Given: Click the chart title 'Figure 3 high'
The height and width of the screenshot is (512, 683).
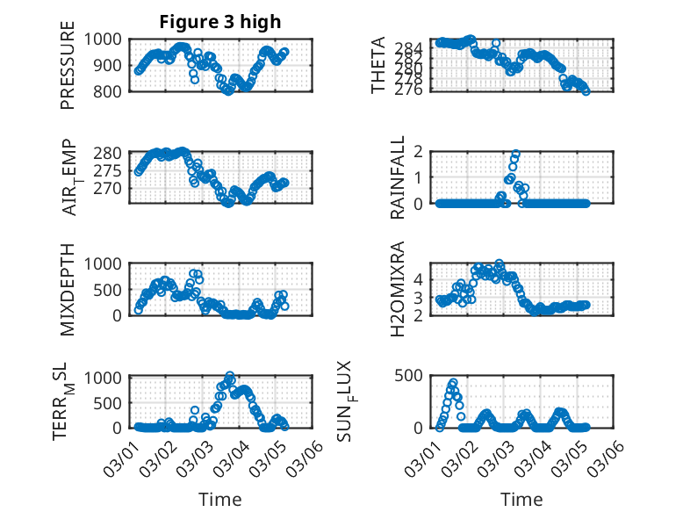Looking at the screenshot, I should pyautogui.click(x=220, y=22).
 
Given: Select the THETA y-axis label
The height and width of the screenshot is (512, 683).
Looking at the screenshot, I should pyautogui.click(x=378, y=65).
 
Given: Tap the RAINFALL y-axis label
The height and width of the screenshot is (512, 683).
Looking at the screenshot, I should pyautogui.click(x=398, y=177).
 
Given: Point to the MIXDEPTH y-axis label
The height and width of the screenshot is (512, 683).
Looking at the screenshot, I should pyautogui.click(x=68, y=289).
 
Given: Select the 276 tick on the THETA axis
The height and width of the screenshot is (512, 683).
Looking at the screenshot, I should pyautogui.click(x=414, y=90).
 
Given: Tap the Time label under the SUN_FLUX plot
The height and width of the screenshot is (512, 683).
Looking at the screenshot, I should pyautogui.click(x=522, y=499).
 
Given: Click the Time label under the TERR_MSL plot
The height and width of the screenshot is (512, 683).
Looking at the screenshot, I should pyautogui.click(x=220, y=499).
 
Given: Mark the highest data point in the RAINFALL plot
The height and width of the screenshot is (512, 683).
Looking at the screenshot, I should pyautogui.click(x=516, y=154).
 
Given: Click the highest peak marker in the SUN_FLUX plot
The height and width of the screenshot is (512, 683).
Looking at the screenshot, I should pyautogui.click(x=454, y=383).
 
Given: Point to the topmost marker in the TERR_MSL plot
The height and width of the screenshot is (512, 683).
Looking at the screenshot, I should pyautogui.click(x=230, y=376).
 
